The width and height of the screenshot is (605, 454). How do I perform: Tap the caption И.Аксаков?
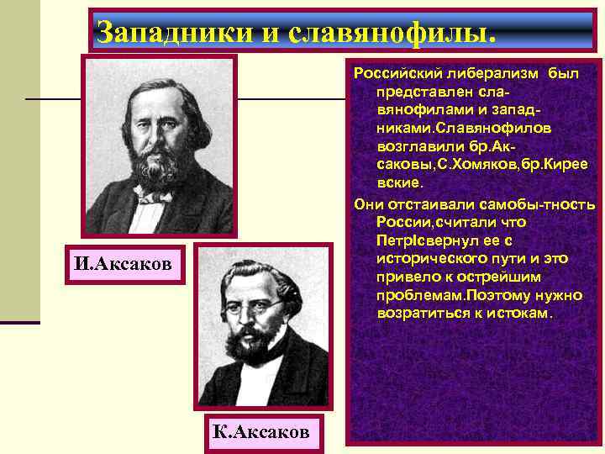pyautogui.click(x=123, y=265)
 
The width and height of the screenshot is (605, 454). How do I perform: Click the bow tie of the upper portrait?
pyautogui.click(x=153, y=194)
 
